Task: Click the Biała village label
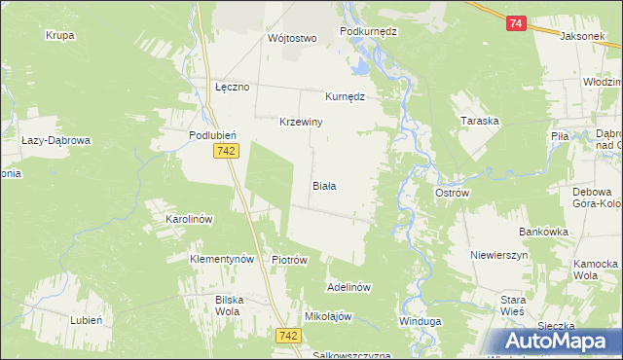[324, 185]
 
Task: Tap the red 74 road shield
[516, 23]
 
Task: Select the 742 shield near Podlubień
[226, 150]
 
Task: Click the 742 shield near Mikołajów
[287, 335]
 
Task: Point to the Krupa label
[60, 35]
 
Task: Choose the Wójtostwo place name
[293, 39]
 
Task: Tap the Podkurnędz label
[369, 31]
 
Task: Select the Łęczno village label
[233, 87]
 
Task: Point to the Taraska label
[480, 122]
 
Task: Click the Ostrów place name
[452, 193]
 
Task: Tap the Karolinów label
[189, 220]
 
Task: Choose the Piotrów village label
[289, 260]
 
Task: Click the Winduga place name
[421, 320]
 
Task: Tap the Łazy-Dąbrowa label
[55, 140]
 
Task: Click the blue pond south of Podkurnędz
[360, 67]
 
